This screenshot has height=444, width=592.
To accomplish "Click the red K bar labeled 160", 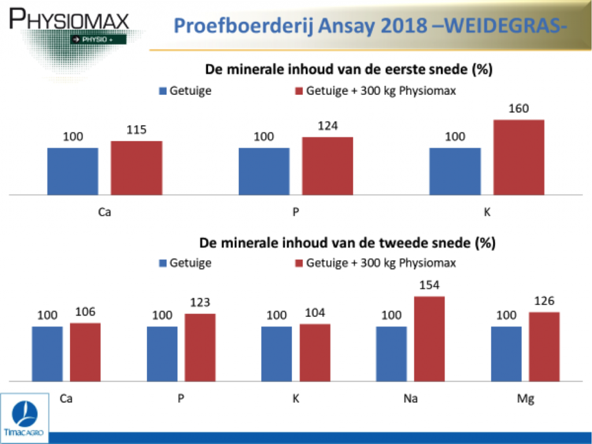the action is tap(519, 157).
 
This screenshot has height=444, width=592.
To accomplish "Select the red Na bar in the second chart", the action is tap(430, 339).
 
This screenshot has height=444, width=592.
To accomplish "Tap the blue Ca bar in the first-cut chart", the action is tap(73, 171).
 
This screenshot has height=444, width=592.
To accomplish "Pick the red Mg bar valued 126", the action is tap(544, 347).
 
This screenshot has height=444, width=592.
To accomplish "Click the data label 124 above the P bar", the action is tap(328, 125).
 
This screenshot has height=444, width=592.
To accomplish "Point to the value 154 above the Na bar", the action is tap(430, 284).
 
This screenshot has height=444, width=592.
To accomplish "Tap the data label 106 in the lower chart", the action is tap(86, 312).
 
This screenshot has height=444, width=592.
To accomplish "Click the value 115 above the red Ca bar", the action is tap(136, 129).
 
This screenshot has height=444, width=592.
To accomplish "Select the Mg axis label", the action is tap(526, 399).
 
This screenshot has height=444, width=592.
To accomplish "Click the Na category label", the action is tap(410, 398).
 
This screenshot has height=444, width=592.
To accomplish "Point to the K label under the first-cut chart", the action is tap(487, 212).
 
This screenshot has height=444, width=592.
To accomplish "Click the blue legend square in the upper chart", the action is tap(162, 91).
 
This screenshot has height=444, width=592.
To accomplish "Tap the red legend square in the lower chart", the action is tap(299, 263).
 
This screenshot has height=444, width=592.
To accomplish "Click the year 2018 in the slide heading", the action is tap(404, 25).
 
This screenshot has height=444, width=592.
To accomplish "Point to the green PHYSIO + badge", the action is tap(98, 39).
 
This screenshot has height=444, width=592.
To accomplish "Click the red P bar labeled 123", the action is tap(200, 347).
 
